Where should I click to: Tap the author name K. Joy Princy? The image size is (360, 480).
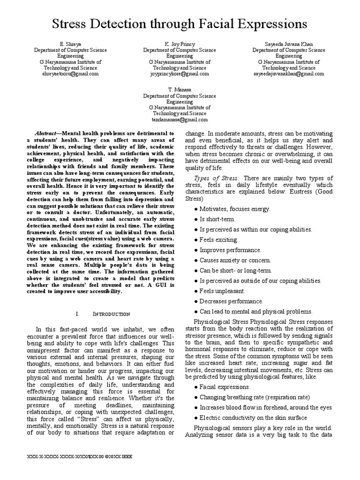(180, 44)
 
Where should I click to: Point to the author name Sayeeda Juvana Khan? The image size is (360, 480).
(289, 44)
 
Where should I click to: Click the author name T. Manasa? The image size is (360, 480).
(180, 89)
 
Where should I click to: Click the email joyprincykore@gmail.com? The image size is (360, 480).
(180, 74)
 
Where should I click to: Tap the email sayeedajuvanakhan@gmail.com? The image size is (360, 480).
(289, 74)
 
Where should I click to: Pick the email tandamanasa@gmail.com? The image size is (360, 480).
(180, 119)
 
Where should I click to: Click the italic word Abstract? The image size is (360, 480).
(48, 133)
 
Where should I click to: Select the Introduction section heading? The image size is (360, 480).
(109, 314)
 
